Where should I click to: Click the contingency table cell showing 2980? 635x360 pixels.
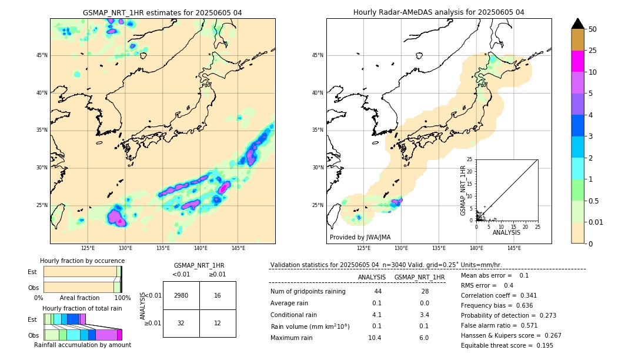[181, 295]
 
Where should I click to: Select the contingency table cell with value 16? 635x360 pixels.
[218, 295]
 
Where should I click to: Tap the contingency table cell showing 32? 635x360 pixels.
[181, 323]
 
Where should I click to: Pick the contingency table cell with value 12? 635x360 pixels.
[218, 323]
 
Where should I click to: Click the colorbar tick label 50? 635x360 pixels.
[593, 29]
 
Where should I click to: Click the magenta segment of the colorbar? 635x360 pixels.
[578, 61]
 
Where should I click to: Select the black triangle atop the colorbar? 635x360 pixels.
[578, 24]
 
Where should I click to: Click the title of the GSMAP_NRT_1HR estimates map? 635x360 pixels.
[162, 13]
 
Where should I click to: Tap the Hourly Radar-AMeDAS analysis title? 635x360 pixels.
[439, 12]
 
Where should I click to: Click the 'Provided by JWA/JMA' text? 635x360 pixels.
[360, 237]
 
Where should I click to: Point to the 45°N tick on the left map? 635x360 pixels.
[42, 55]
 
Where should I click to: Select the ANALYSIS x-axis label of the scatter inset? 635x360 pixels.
[506, 232]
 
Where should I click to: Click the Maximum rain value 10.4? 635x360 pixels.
[375, 338]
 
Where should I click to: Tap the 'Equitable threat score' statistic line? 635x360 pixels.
[507, 345]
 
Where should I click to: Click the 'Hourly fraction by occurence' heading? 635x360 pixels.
[82, 261]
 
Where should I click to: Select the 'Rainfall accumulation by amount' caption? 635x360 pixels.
[82, 345]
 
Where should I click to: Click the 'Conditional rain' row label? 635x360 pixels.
[295, 315]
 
